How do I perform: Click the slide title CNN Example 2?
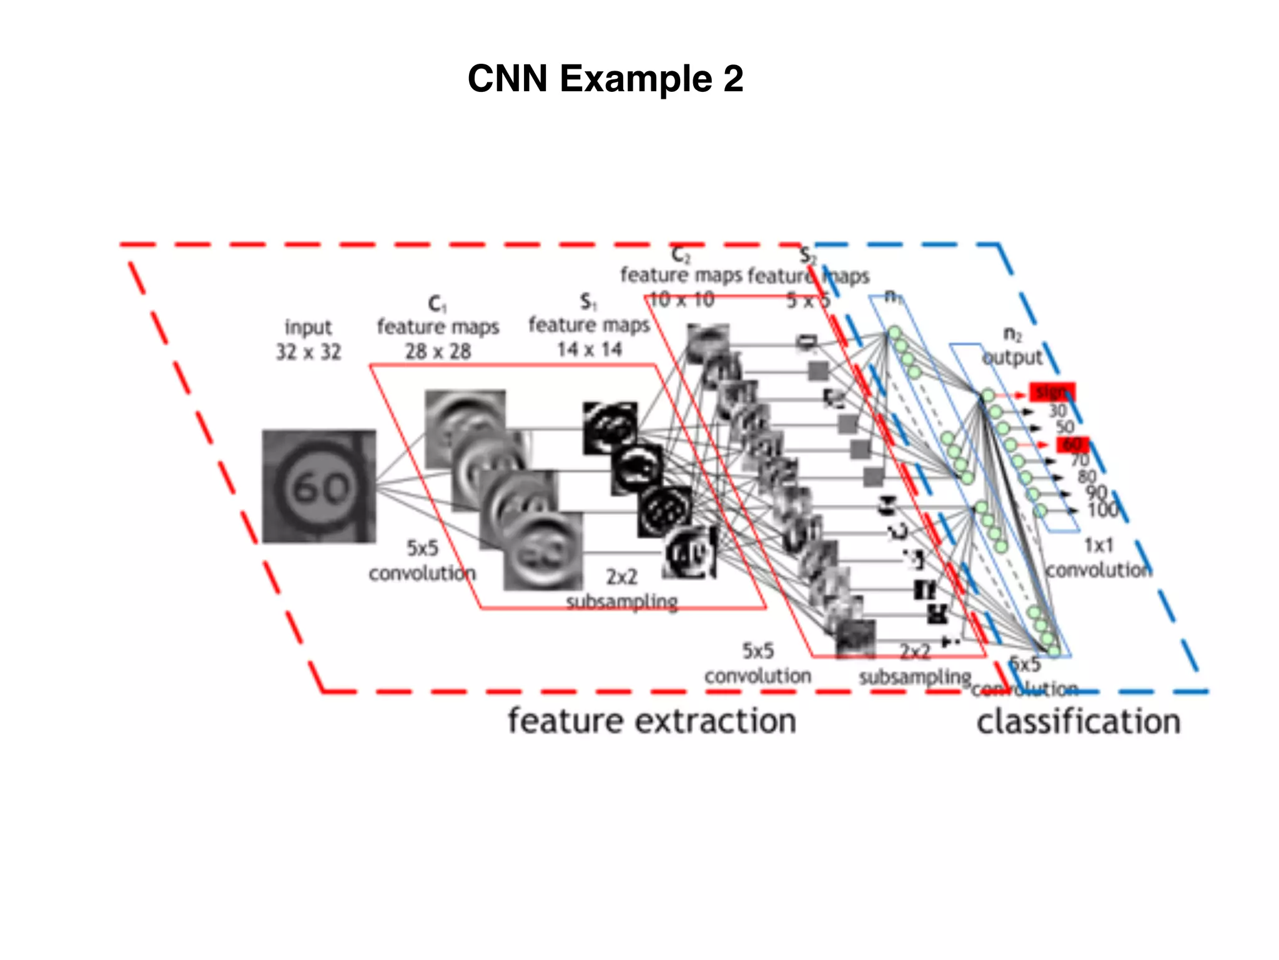[x=605, y=79]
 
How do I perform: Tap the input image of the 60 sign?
[x=319, y=486]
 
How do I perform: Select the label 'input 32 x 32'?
[x=309, y=339]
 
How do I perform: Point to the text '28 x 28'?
[x=438, y=352]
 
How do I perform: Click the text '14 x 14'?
[x=590, y=349]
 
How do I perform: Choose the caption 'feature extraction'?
[x=651, y=721]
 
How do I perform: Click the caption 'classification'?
[x=1079, y=722]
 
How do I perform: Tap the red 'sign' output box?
[x=1052, y=392]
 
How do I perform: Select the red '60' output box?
[x=1072, y=445]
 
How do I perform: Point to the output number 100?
[x=1102, y=510]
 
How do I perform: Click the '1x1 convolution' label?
[x=1099, y=558]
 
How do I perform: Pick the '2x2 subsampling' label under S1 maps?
[x=621, y=589]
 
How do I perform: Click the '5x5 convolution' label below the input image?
[x=422, y=561]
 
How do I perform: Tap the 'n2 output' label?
[x=1012, y=346]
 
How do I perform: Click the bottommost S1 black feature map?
[x=691, y=552]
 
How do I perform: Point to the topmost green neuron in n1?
[x=895, y=332]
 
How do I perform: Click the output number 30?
[x=1057, y=411]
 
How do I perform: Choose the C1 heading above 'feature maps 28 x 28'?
[x=437, y=304]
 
